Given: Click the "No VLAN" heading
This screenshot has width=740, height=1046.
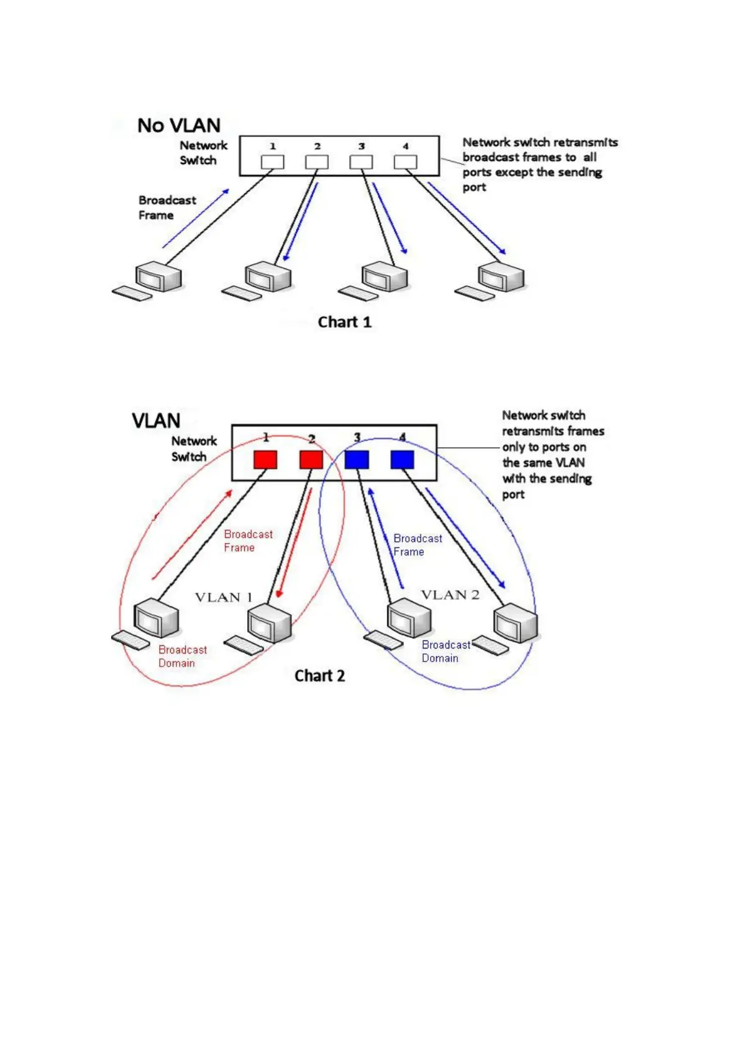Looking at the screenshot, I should tap(178, 125).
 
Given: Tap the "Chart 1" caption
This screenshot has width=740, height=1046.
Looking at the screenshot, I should tap(344, 322).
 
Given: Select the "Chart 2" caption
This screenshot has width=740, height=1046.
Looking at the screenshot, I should tap(319, 676).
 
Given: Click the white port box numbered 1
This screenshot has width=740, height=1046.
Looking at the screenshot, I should tap(272, 162).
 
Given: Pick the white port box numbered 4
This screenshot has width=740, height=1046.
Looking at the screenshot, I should tap(405, 162).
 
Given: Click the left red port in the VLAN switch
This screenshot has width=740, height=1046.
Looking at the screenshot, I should tap(265, 460).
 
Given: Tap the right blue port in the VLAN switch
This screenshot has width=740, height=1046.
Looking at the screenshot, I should tap(402, 460).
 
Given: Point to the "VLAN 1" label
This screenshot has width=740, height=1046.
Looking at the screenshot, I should tap(224, 598).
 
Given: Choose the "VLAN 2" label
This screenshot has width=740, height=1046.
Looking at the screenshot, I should tap(450, 595).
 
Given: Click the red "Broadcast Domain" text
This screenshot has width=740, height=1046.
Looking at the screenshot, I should tap(182, 657).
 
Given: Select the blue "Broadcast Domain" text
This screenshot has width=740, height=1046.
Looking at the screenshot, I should tap(445, 652).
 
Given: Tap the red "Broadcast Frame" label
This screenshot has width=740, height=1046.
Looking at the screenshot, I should tap(248, 541).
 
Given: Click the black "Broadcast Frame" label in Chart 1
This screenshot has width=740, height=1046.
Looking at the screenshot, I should tap(167, 207).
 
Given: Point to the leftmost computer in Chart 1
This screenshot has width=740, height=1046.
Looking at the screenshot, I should tap(158, 278).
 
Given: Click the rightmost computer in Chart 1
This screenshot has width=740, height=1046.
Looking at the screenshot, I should tap(500, 278).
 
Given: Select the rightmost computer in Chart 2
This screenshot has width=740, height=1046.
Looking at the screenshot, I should tap(515, 624).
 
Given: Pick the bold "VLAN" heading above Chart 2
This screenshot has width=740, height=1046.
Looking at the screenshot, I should tap(156, 421).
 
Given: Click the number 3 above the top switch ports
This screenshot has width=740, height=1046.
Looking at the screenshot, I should tap(361, 147).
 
